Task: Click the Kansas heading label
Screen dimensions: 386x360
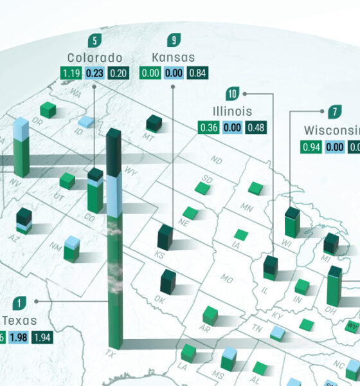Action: (x=174, y=57)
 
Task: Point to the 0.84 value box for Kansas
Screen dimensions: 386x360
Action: (x=197, y=73)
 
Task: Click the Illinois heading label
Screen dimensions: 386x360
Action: (x=233, y=111)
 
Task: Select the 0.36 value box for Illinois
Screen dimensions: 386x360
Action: (x=209, y=127)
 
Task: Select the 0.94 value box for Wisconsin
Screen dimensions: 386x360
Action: (x=311, y=147)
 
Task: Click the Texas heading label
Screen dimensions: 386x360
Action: (x=19, y=320)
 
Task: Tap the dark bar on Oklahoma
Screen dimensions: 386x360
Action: (x=168, y=282)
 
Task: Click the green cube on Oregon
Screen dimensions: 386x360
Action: (x=48, y=111)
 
